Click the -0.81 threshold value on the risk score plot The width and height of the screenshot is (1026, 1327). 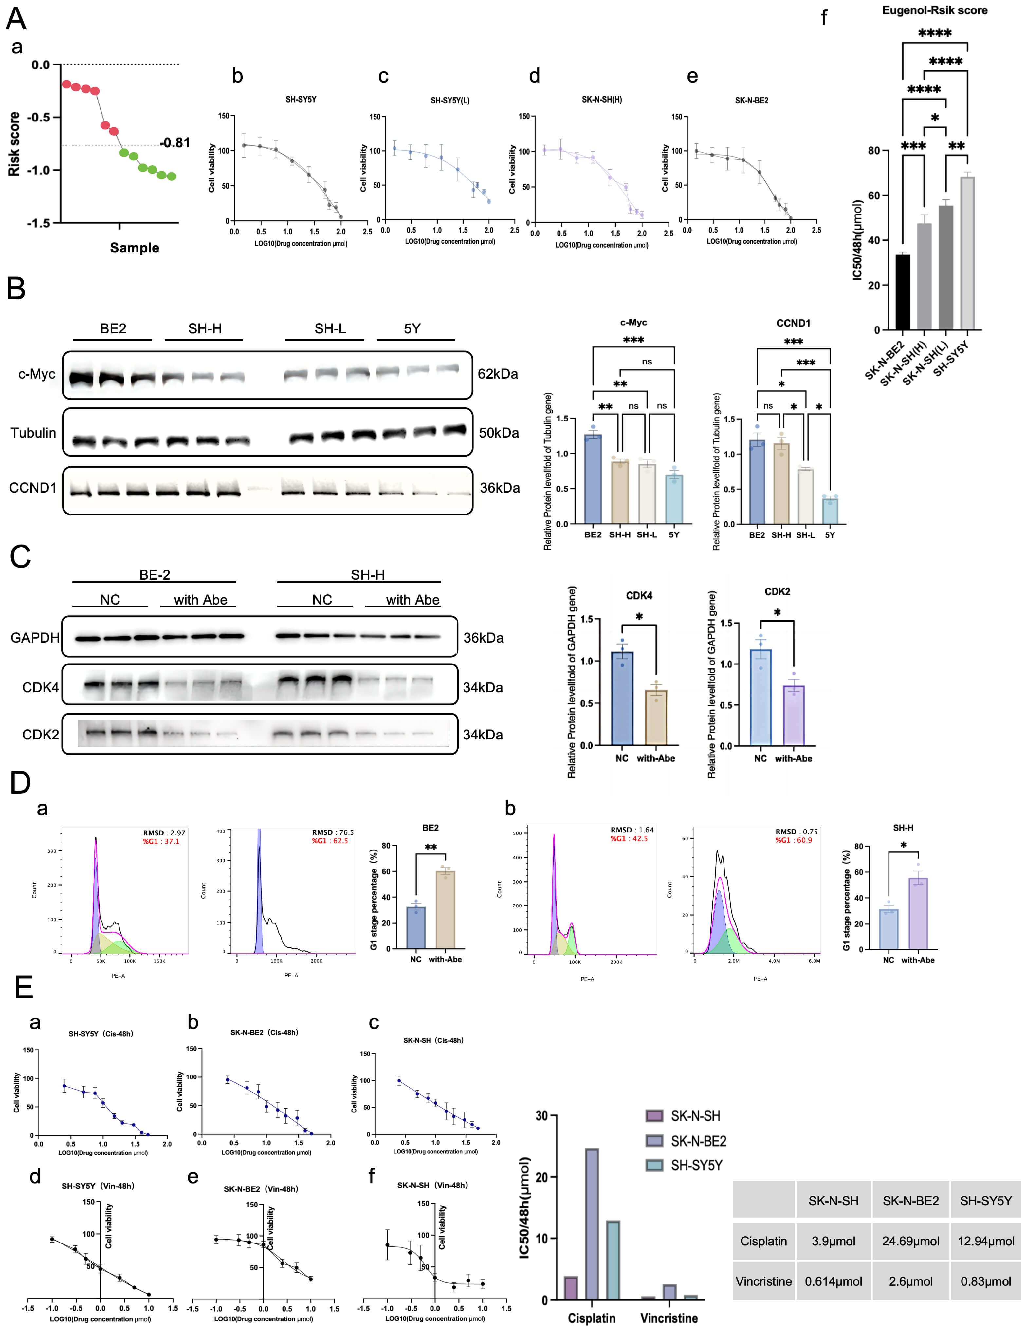[175, 143]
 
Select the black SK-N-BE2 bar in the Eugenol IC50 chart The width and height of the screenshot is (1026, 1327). [903, 292]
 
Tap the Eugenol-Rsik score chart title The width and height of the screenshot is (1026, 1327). [934, 10]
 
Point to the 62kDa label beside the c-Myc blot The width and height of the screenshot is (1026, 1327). [498, 374]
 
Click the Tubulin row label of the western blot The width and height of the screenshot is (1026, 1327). [33, 433]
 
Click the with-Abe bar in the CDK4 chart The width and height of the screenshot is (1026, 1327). [656, 717]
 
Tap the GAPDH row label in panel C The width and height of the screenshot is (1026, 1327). [35, 637]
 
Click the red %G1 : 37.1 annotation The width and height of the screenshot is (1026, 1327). [161, 842]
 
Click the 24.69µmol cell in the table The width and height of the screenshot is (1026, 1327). [910, 1241]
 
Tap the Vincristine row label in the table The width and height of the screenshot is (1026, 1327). [763, 1281]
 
